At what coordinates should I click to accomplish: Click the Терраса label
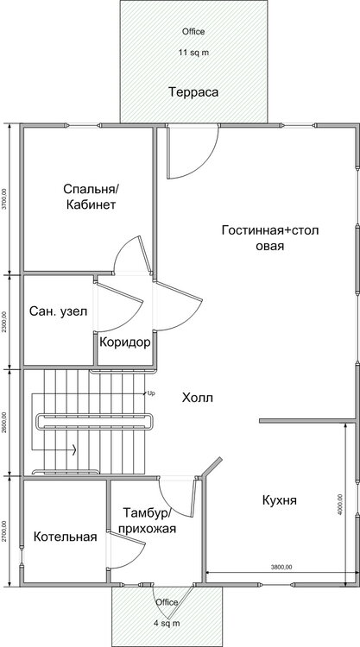pos(192,92)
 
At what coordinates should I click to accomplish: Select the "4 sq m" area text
pos(167,622)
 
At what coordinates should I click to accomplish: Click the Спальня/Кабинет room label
pos(90,197)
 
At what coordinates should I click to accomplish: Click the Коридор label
pos(125,342)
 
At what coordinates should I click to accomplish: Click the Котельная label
pos(65,537)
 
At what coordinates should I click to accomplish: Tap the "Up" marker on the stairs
pos(151,393)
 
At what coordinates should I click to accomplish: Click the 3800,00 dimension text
pos(281,567)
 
